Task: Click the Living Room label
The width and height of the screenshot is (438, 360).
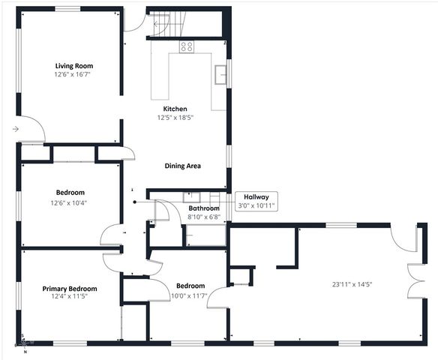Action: (x=74, y=66)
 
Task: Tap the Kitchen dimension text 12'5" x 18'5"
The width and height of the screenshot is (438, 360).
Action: (x=175, y=117)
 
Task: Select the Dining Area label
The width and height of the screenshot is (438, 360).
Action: (x=182, y=166)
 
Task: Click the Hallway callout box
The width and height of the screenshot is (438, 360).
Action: (x=256, y=201)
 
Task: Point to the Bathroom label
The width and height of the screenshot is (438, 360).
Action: (x=204, y=208)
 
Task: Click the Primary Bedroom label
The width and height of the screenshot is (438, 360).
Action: (x=70, y=289)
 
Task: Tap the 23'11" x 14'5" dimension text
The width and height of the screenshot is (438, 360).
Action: (x=352, y=284)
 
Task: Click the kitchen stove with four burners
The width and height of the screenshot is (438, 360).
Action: (x=187, y=46)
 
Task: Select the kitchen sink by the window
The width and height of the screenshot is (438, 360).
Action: (x=220, y=74)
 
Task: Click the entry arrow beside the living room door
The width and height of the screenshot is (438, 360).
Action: (x=16, y=129)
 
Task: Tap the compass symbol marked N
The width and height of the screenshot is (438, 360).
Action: (x=24, y=343)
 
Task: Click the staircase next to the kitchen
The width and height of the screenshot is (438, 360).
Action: (x=169, y=25)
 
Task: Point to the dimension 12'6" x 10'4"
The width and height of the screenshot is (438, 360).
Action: (x=69, y=202)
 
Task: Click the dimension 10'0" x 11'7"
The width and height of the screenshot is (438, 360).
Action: (x=188, y=295)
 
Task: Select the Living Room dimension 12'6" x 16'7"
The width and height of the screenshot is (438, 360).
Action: (x=73, y=74)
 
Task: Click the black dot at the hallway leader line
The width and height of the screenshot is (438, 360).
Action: (x=135, y=202)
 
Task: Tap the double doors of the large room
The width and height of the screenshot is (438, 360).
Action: (x=416, y=280)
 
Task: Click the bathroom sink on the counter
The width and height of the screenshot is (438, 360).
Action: (x=192, y=198)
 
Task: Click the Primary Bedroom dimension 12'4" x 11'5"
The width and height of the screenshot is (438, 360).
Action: (x=70, y=295)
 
